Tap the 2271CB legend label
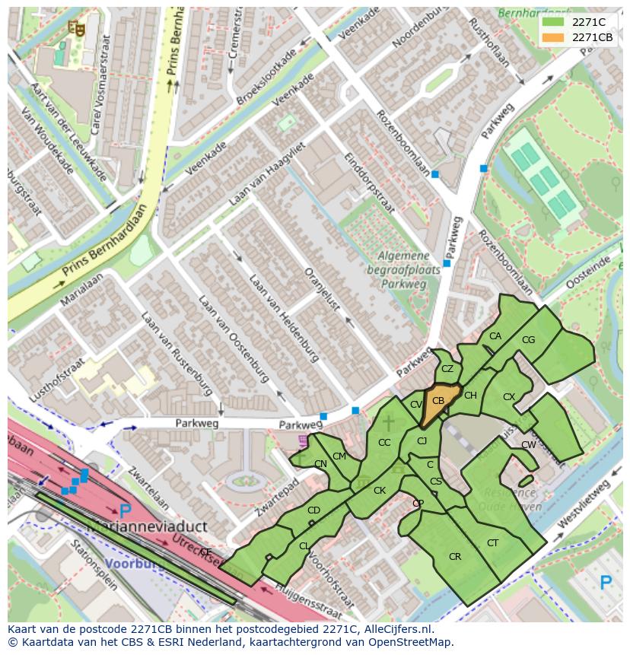[x=592, y=37]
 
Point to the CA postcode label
[x=495, y=336]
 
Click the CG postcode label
[x=529, y=340]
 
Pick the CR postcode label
[x=455, y=557]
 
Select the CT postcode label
[x=493, y=542]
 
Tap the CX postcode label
[x=509, y=397]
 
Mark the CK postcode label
[x=380, y=491]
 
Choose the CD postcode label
[x=313, y=510]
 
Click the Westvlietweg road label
[x=584, y=504]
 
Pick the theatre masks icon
[x=75, y=28]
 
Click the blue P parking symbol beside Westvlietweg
[x=606, y=583]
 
